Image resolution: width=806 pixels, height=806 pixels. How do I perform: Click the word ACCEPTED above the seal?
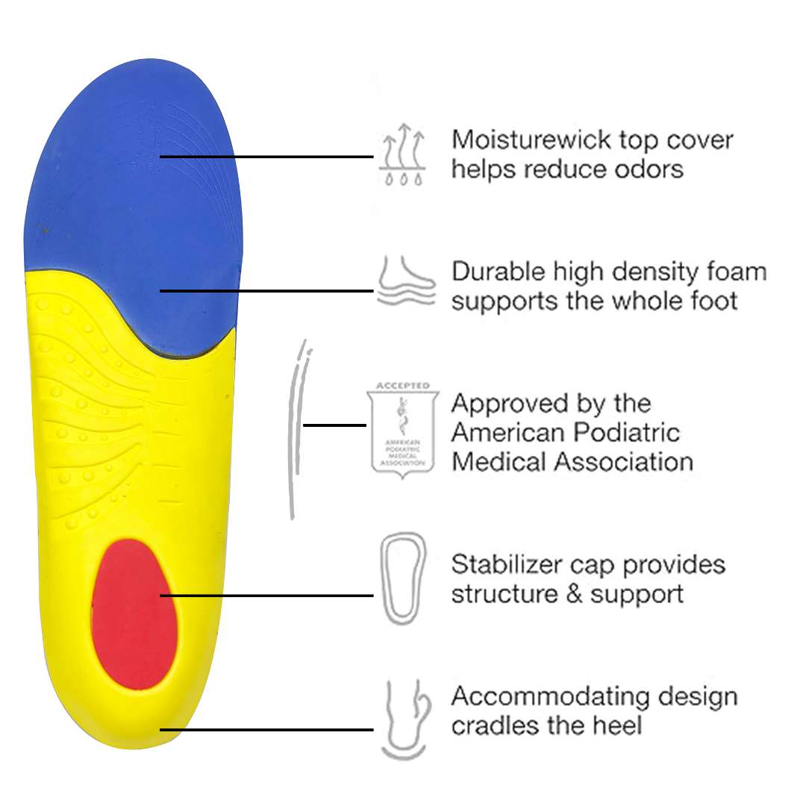click(x=403, y=386)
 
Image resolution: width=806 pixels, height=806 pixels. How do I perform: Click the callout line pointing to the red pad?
click(x=269, y=596)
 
